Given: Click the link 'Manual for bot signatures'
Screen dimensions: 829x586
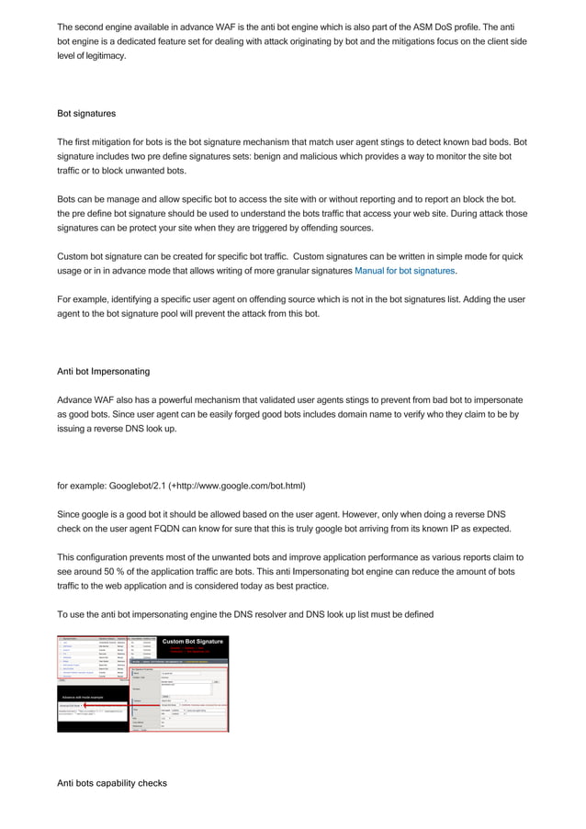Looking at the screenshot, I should [405, 271].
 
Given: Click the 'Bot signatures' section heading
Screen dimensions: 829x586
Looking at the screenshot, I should [86, 115].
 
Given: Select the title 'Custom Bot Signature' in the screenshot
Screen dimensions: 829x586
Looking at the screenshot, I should [193, 641].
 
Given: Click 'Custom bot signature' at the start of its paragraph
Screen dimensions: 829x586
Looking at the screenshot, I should [105, 256].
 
